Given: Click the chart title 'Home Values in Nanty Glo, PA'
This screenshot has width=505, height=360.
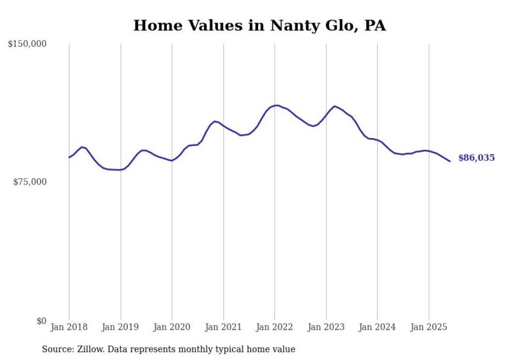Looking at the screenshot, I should click(259, 25).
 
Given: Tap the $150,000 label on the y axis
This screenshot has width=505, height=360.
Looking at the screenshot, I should click(27, 44).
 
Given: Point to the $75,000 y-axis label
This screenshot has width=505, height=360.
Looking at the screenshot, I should click(29, 182).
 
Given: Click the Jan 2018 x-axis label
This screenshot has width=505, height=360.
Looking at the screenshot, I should click(69, 327).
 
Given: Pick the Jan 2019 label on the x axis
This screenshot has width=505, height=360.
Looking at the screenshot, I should click(121, 327).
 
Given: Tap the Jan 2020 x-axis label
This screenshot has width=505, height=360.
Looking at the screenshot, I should click(172, 327).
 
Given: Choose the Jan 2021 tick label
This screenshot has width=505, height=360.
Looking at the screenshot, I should click(223, 327).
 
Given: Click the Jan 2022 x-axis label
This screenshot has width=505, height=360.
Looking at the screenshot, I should click(275, 327).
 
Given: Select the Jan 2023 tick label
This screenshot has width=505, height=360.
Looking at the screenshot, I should click(326, 327).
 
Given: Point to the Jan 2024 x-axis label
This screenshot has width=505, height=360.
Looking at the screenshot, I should click(377, 327).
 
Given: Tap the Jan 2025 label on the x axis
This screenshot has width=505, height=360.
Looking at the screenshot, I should click(429, 327).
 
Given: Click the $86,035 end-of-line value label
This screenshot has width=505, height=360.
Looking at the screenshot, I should click(476, 158).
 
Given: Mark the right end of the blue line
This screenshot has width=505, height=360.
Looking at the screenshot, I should click(450, 161).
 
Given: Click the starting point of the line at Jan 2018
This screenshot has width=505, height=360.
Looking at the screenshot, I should click(69, 157).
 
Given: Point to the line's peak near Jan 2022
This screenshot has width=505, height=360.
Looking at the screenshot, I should click(277, 106).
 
